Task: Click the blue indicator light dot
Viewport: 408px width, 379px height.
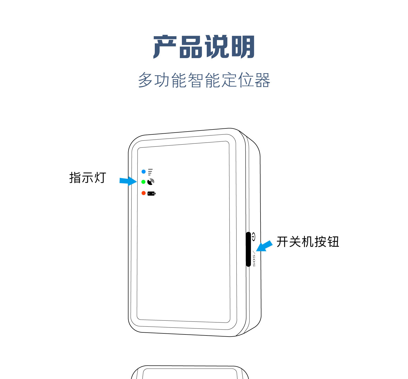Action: [143, 171]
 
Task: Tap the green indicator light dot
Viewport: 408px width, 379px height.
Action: [143, 182]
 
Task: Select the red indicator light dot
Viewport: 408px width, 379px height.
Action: [143, 193]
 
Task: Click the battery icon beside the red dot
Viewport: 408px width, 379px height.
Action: [151, 194]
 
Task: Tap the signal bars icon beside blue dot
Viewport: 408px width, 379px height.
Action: [150, 172]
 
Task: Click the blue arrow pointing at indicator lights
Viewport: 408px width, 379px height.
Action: [128, 181]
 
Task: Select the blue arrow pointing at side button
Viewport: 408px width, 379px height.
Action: [264, 246]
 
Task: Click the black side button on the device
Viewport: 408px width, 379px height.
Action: [249, 249]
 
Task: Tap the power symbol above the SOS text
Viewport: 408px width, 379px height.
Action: [253, 237]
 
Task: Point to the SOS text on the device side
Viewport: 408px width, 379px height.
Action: [254, 260]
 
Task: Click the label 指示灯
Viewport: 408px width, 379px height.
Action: [87, 178]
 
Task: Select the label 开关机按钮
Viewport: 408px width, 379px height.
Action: [308, 242]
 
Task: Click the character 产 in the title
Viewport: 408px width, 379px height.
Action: [165, 47]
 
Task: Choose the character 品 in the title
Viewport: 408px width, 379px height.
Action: [191, 47]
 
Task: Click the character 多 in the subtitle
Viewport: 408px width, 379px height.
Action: [145, 80]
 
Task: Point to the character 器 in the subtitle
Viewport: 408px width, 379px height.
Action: [262, 80]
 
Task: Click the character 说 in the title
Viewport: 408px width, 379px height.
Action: [217, 47]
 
